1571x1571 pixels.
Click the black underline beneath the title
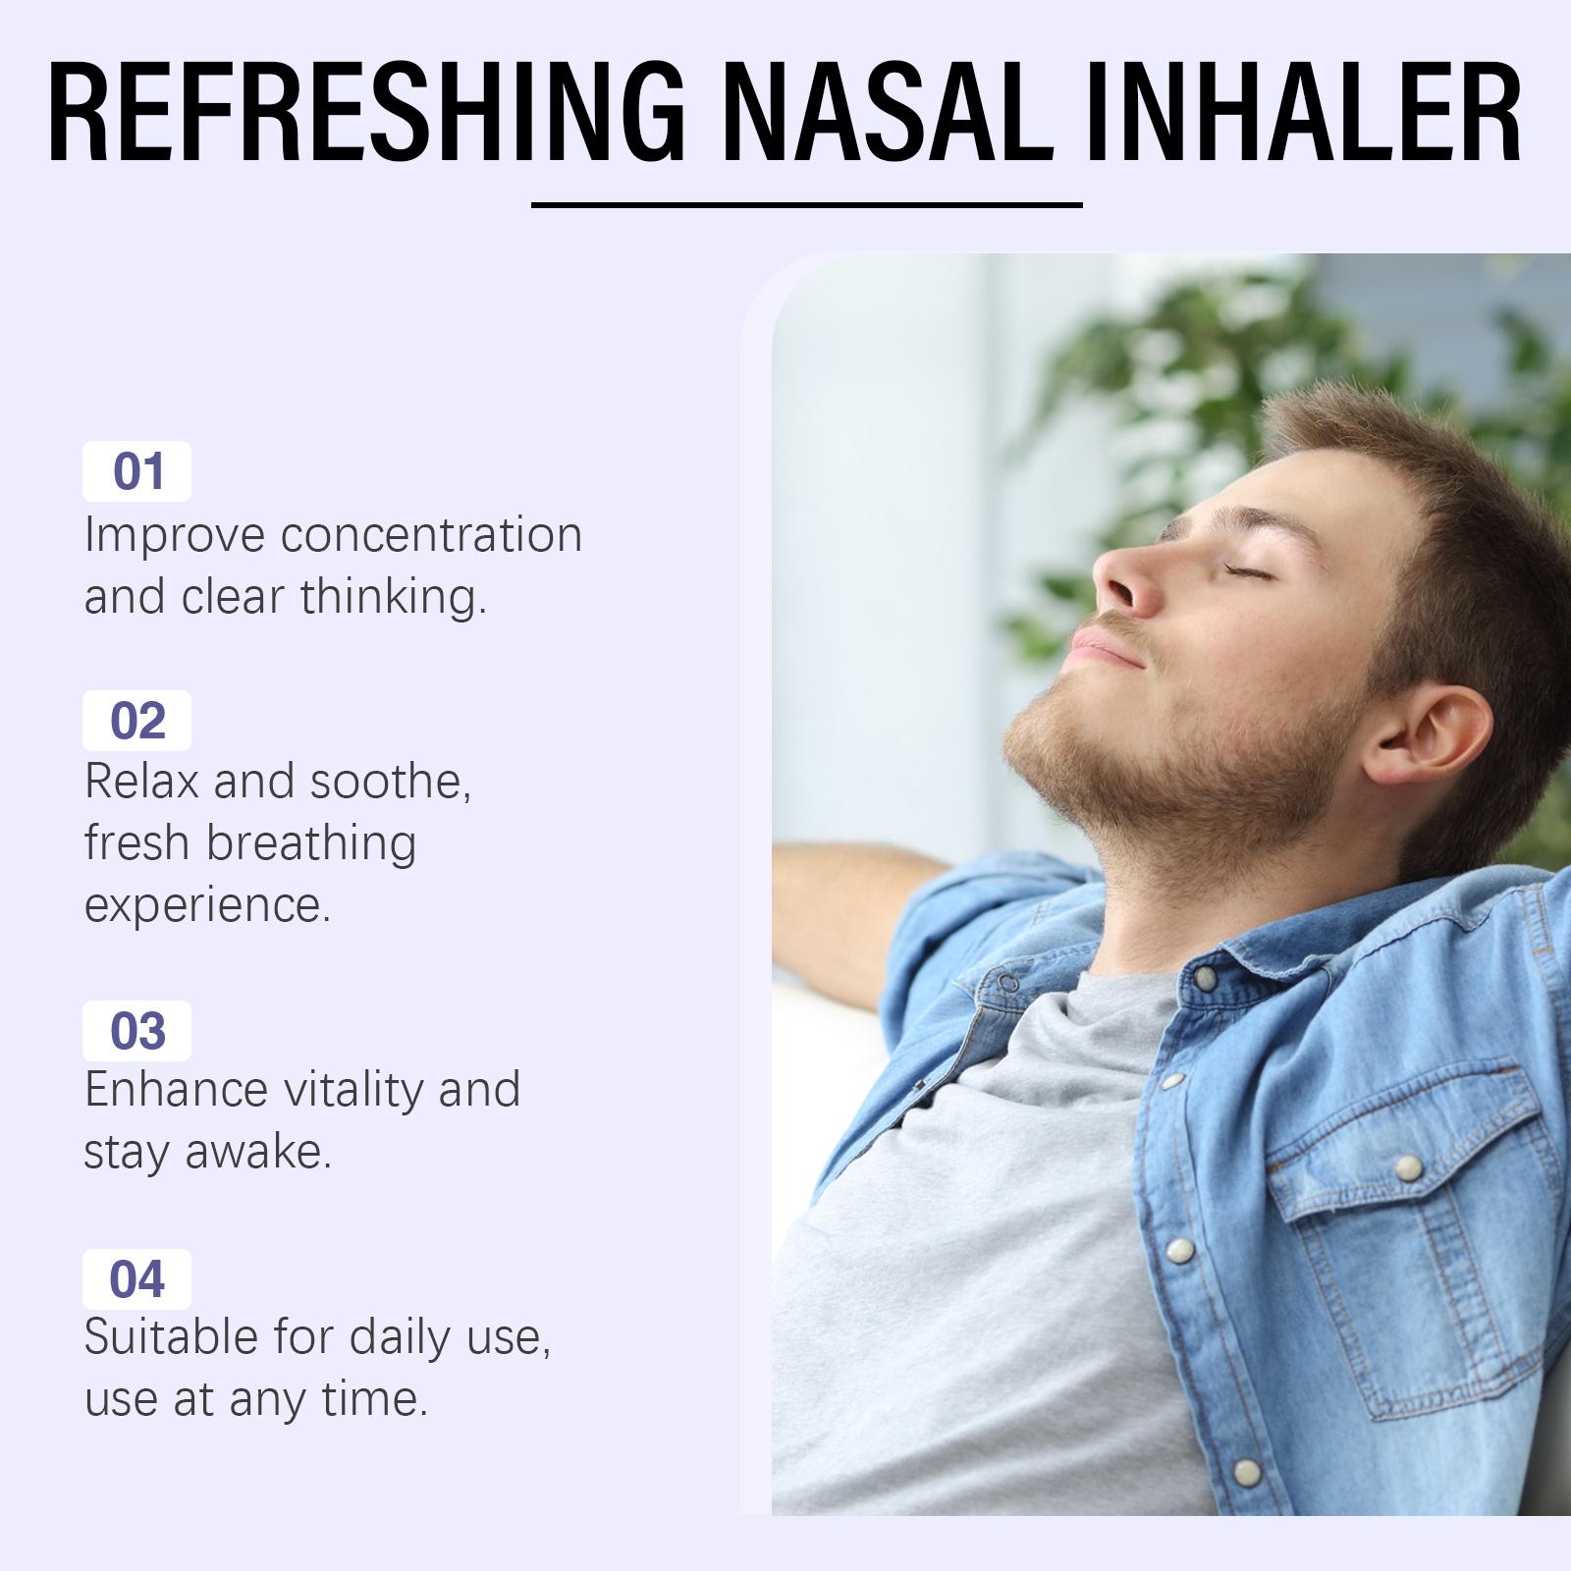point(806,205)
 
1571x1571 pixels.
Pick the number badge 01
point(136,471)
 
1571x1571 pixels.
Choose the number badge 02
point(136,721)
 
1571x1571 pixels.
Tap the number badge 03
point(136,1031)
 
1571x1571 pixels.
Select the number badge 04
point(136,1279)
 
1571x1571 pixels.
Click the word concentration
point(431,536)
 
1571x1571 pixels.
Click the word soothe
point(390,782)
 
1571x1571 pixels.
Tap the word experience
point(207,905)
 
